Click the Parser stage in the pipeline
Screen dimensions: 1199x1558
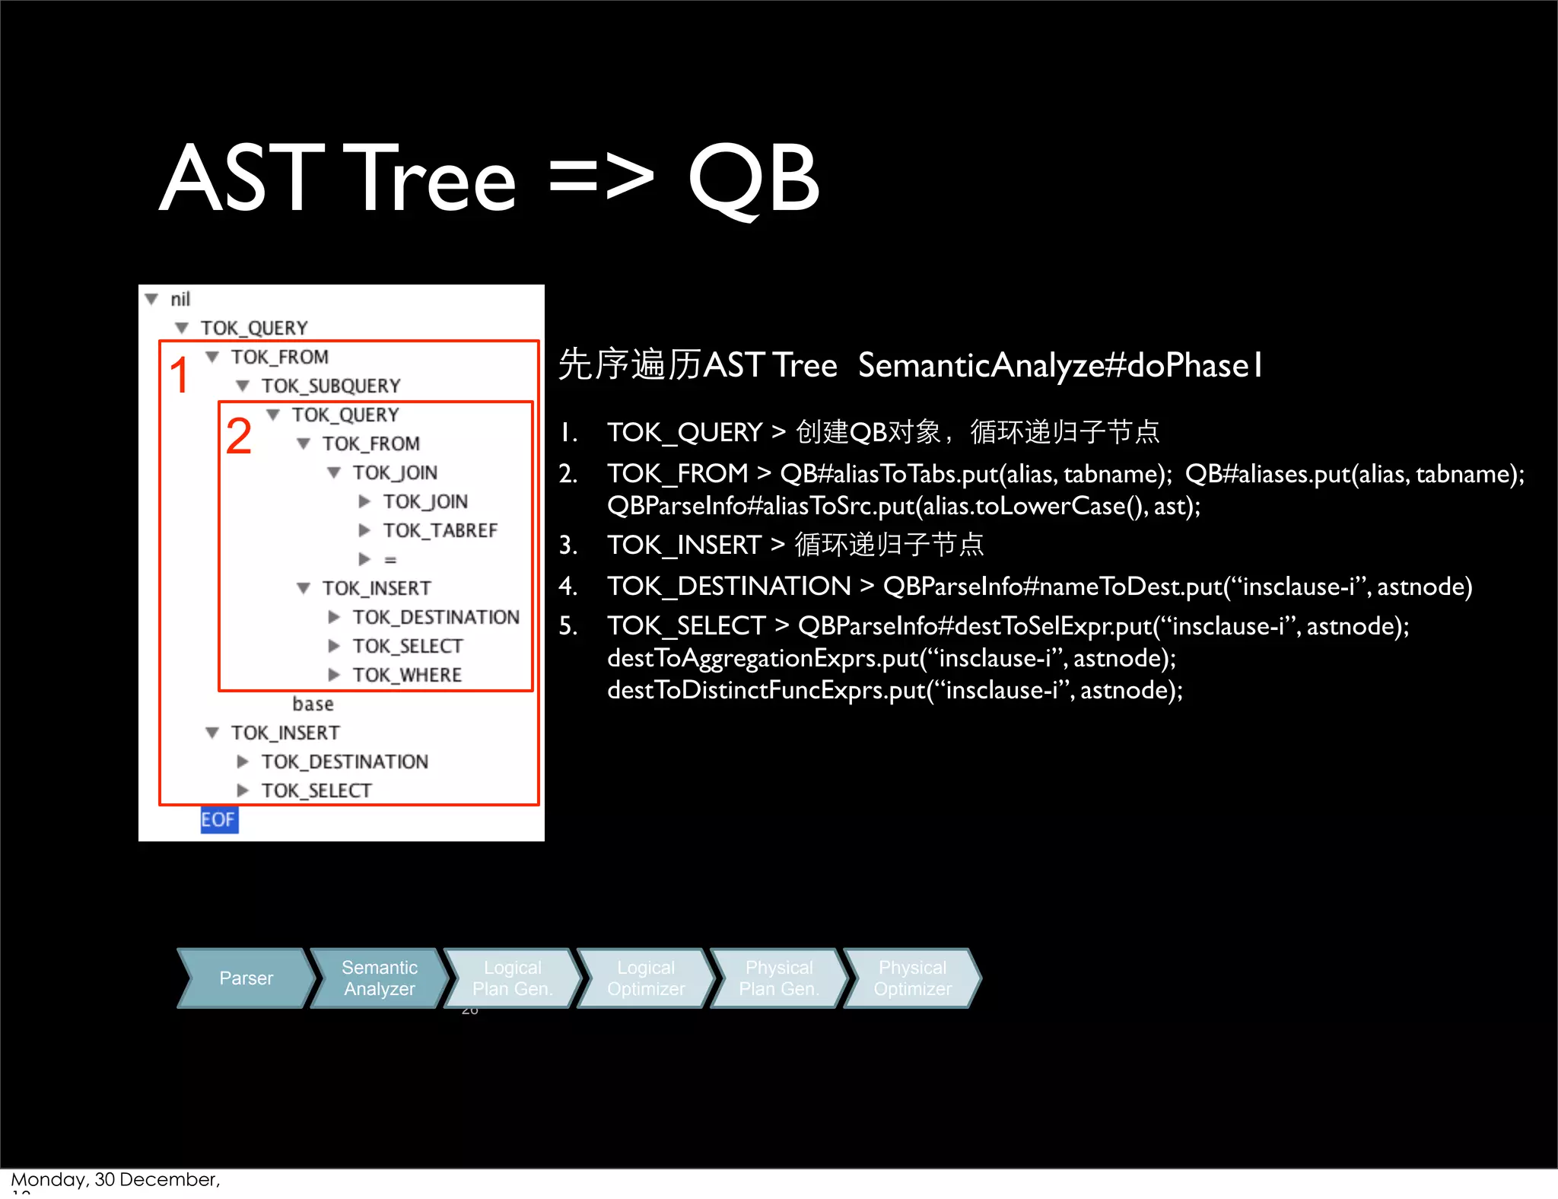245,978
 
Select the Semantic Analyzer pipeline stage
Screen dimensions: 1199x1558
379,978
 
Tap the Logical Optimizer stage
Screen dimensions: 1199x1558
645,978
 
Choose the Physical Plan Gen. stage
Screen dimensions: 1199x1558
778,978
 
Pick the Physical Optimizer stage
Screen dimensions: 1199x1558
912,978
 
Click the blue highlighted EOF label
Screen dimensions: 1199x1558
218,820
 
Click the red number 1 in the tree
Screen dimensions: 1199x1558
180,376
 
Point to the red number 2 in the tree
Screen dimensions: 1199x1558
238,437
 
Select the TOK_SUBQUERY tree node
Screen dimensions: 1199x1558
331,386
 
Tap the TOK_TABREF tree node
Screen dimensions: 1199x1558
440,531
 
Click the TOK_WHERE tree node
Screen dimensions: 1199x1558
407,676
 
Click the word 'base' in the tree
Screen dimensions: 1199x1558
313,704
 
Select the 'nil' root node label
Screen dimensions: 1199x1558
180,300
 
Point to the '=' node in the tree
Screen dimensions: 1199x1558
390,560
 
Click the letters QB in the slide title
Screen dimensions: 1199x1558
753,180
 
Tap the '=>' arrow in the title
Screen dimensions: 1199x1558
601,180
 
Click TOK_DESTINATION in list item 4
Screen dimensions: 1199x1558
729,587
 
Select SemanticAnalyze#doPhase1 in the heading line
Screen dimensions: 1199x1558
1060,366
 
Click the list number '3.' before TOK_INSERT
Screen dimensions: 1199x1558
568,545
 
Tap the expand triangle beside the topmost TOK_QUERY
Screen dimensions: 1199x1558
182,329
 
